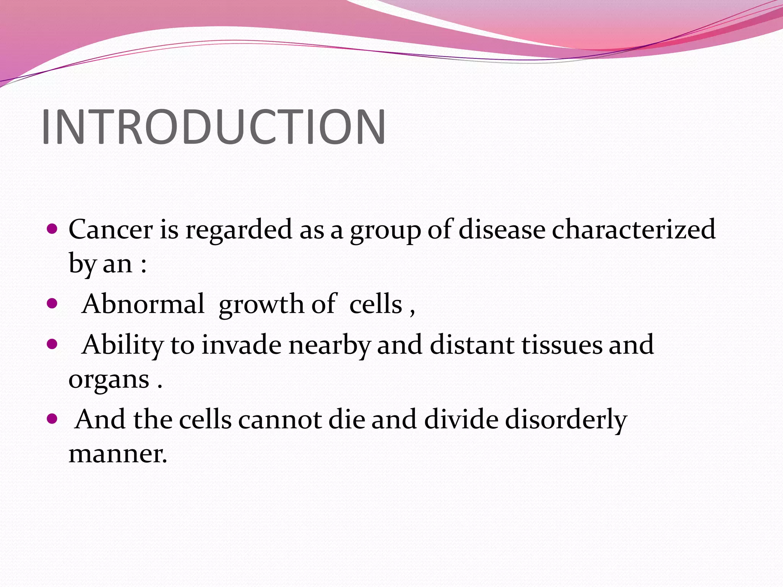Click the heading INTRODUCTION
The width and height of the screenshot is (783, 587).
(213, 127)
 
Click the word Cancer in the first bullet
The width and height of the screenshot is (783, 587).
(110, 230)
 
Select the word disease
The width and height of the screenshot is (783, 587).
(502, 230)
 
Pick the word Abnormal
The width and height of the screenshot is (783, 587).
(143, 304)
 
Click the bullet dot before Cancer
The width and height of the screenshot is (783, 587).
(52, 229)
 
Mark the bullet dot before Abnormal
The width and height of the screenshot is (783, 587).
(52, 304)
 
